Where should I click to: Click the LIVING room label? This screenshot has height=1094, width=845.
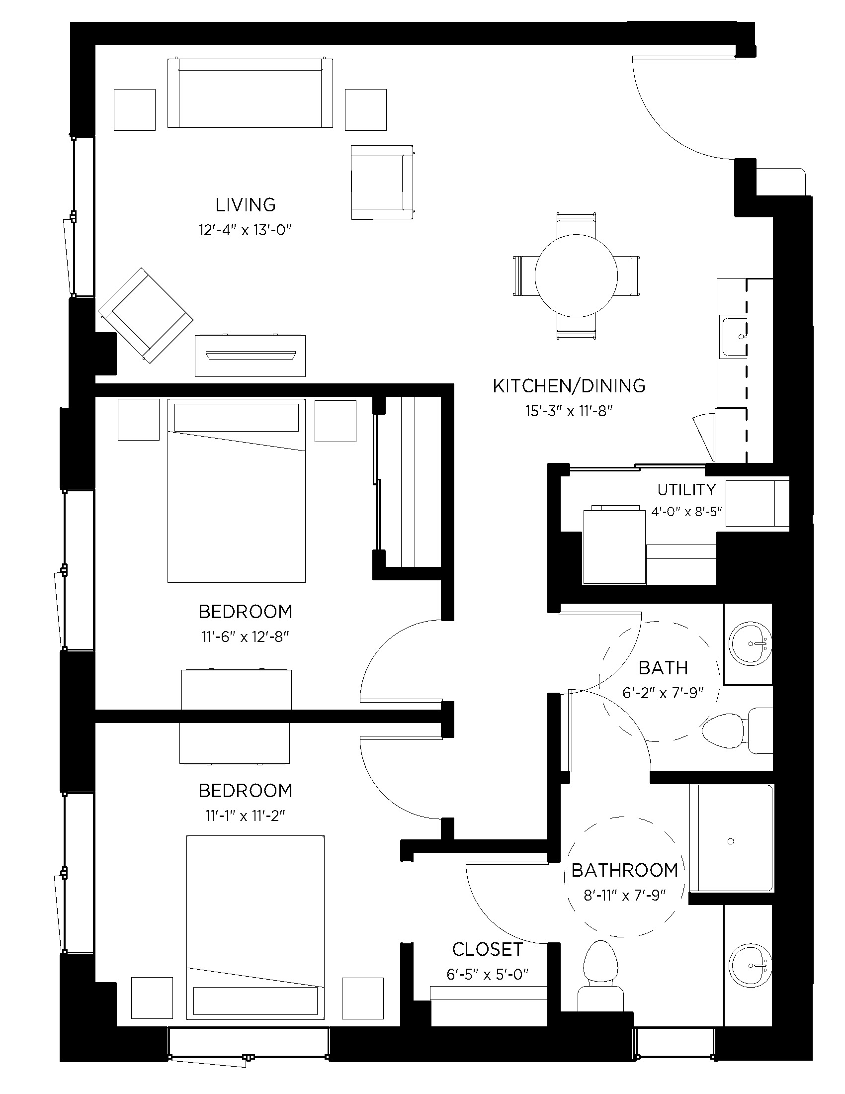pos(245,204)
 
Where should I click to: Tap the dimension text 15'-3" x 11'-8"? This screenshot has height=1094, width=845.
pos(569,411)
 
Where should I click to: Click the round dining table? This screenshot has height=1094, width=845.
pos(576,275)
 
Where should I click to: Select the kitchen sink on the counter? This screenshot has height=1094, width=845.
pos(733,337)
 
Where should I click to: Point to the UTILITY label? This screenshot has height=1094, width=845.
pos(686,489)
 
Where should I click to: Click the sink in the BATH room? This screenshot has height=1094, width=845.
pos(750,643)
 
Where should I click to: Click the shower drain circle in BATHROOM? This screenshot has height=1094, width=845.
pos(730,841)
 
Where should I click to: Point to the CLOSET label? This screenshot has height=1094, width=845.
pos(488,949)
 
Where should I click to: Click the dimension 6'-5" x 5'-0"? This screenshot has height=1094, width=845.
pos(488,974)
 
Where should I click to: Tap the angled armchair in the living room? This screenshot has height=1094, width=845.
pos(145,315)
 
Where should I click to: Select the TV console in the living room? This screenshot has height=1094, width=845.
pos(250,356)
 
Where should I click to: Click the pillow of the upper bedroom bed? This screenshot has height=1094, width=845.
pos(236,417)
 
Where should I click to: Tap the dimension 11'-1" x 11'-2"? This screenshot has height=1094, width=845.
pos(245,816)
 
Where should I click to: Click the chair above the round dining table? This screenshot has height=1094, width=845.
pos(576,224)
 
